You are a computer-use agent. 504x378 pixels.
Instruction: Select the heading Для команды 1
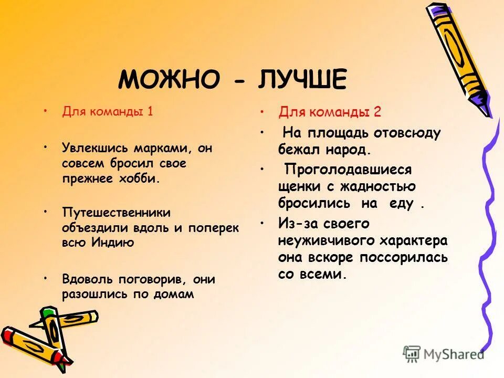[108, 111]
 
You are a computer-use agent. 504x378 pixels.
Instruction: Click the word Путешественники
[116, 212]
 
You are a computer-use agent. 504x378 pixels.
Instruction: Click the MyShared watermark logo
[444, 354]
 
